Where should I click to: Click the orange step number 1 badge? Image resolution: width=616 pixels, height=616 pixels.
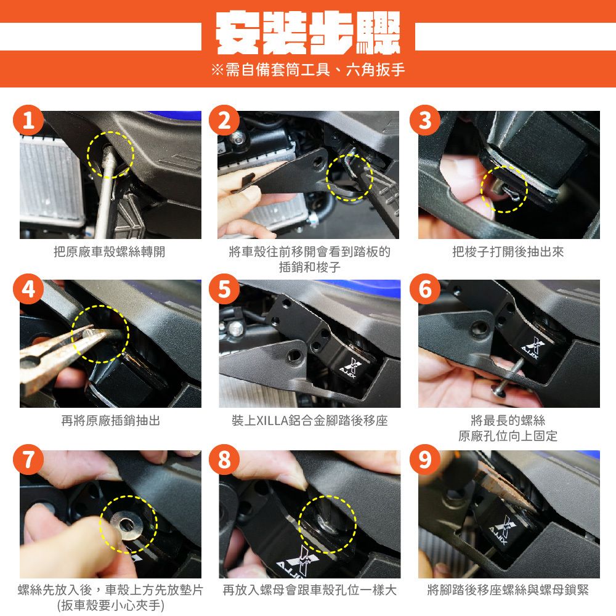pos(28,120)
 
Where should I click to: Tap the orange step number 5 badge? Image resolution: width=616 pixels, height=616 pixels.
pos(224,289)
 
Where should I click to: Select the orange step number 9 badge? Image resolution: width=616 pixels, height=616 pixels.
pos(424,460)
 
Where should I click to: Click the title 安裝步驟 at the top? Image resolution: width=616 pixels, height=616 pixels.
pos(307,33)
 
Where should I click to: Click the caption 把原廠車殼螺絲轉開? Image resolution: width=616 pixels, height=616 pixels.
pos(109,252)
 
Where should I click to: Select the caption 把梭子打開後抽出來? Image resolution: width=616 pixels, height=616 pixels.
pos(508,252)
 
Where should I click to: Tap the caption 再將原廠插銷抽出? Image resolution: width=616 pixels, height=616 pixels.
pos(110,421)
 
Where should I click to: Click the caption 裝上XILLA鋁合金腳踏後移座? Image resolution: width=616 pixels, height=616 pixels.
pos(310,421)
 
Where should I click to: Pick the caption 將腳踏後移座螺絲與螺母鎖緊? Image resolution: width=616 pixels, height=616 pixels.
pos(508,590)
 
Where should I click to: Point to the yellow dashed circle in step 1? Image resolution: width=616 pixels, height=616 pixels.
pos(110,132)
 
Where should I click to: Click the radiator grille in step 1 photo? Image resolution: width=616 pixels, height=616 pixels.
pos(51,180)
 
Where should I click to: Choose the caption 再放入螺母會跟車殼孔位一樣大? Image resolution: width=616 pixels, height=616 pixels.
pos(310,590)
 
